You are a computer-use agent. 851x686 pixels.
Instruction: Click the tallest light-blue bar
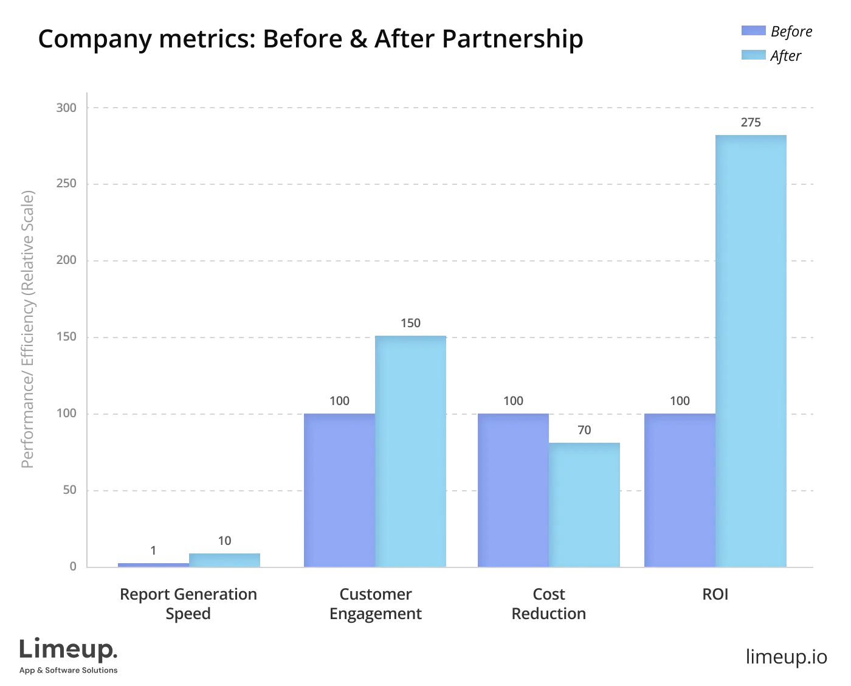[x=751, y=350]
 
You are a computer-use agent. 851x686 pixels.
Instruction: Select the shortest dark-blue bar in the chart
[x=153, y=563]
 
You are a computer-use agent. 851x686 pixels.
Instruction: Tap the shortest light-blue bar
[x=225, y=559]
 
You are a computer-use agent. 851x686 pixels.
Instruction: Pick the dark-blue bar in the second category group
[x=339, y=490]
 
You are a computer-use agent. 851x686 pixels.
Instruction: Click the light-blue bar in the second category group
[x=411, y=451]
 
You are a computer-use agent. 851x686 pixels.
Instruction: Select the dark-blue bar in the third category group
[x=513, y=490]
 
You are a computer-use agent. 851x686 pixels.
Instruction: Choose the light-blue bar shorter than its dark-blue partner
[x=585, y=505]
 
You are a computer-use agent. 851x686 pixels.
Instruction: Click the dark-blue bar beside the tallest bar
[x=678, y=490]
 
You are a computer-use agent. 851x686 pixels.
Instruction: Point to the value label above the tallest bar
[x=751, y=122]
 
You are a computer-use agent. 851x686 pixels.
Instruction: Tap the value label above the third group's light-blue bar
[x=585, y=431]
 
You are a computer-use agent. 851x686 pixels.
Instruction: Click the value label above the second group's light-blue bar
[x=411, y=324]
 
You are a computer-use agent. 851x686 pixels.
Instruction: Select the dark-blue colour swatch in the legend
[x=753, y=32]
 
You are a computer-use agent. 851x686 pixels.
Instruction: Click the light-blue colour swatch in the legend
[x=753, y=56]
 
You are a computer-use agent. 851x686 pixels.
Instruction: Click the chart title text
[x=311, y=40]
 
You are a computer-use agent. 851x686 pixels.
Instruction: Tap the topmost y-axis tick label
[x=66, y=110]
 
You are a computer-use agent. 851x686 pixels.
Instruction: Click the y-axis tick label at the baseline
[x=73, y=567]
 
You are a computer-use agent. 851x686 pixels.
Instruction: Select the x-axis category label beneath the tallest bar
[x=714, y=594]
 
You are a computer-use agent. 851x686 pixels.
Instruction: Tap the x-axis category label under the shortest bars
[x=187, y=604]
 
